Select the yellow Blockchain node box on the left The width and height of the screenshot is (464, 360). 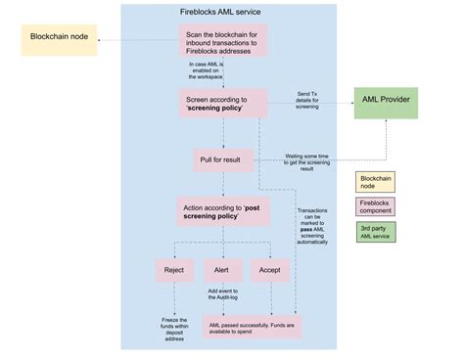point(61,42)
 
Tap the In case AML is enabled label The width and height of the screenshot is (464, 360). point(207,69)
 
